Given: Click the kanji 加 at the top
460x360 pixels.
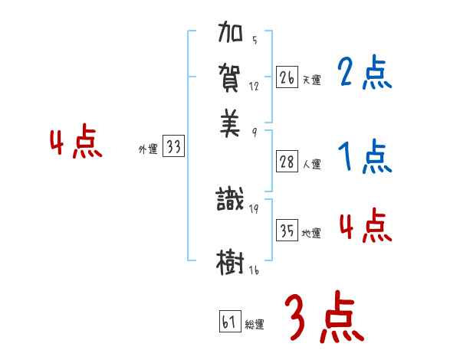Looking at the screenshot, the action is (230, 35).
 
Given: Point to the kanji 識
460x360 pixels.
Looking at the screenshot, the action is (230, 201).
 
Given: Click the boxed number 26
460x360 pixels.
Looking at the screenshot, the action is (287, 77).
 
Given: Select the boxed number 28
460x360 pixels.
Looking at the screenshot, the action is (287, 162).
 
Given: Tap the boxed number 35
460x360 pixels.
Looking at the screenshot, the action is (287, 231).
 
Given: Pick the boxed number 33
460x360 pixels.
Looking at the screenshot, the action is (173, 148).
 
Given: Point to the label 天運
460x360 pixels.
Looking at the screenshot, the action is (311, 80).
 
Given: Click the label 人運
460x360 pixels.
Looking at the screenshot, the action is (311, 164).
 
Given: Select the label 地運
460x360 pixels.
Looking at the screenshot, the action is (311, 234).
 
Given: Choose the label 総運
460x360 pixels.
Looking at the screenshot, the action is (255, 325).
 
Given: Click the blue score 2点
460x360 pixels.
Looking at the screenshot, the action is (365, 73).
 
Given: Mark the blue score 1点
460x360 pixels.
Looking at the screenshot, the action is (365, 157).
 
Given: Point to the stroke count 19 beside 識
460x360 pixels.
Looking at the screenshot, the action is (255, 208).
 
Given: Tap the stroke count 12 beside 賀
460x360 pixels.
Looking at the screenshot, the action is (255, 87).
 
